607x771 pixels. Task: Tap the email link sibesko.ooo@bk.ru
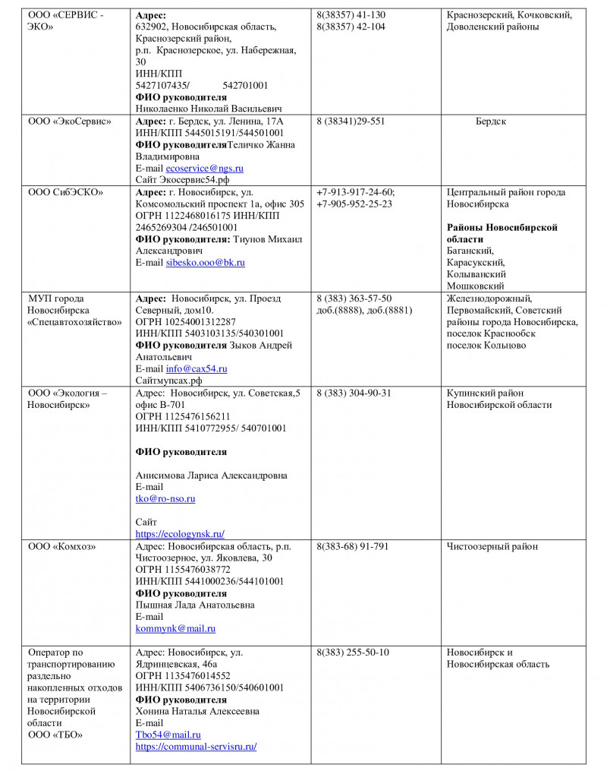coord(205,262)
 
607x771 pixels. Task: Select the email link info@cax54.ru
coord(197,368)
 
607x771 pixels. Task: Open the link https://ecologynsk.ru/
coord(180,534)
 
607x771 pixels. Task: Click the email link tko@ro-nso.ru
coord(165,499)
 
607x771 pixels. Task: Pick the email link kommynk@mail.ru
coord(175,629)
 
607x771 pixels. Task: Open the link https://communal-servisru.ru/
coord(196,747)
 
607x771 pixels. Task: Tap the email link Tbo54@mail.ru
coord(168,735)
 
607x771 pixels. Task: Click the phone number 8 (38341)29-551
coord(351,121)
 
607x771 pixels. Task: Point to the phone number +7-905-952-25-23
coord(354,204)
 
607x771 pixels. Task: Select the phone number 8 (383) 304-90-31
coord(354,393)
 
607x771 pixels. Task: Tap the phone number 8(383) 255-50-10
coord(353,653)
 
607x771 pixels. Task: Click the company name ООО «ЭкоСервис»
coord(70,121)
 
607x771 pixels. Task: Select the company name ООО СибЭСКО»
coord(66,192)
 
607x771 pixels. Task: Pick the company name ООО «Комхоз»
coord(62,546)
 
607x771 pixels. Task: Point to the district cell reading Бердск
coord(491,121)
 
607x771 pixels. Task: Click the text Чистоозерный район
coord(492,546)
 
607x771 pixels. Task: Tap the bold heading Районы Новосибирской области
coord(502,233)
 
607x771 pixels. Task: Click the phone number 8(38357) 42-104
coord(351,27)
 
